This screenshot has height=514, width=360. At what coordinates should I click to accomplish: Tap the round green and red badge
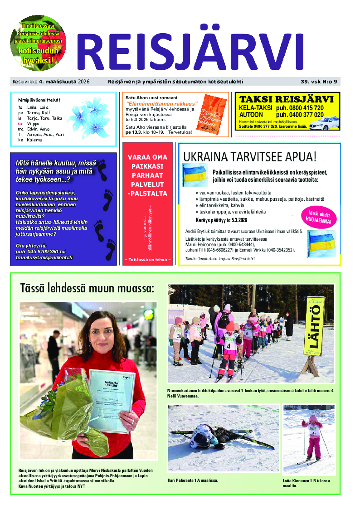38,44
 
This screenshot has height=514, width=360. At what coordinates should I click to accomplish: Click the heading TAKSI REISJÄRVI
287,99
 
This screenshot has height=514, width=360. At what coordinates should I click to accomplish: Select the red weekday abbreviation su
20,123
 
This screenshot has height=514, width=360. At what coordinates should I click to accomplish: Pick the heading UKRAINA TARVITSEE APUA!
250,157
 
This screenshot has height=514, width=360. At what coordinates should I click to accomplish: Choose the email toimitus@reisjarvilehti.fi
44,257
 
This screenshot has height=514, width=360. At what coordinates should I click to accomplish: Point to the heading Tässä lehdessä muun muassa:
87,288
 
